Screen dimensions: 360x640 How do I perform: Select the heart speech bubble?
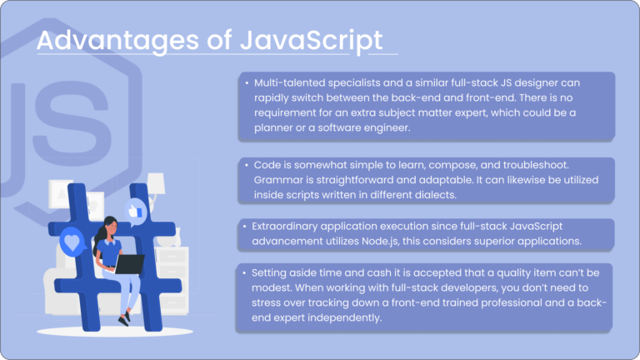[x=73, y=244]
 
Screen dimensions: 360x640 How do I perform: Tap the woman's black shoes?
[x=125, y=318]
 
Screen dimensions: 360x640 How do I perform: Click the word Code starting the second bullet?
[x=267, y=166]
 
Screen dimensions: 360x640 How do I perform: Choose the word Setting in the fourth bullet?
[x=272, y=272]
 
